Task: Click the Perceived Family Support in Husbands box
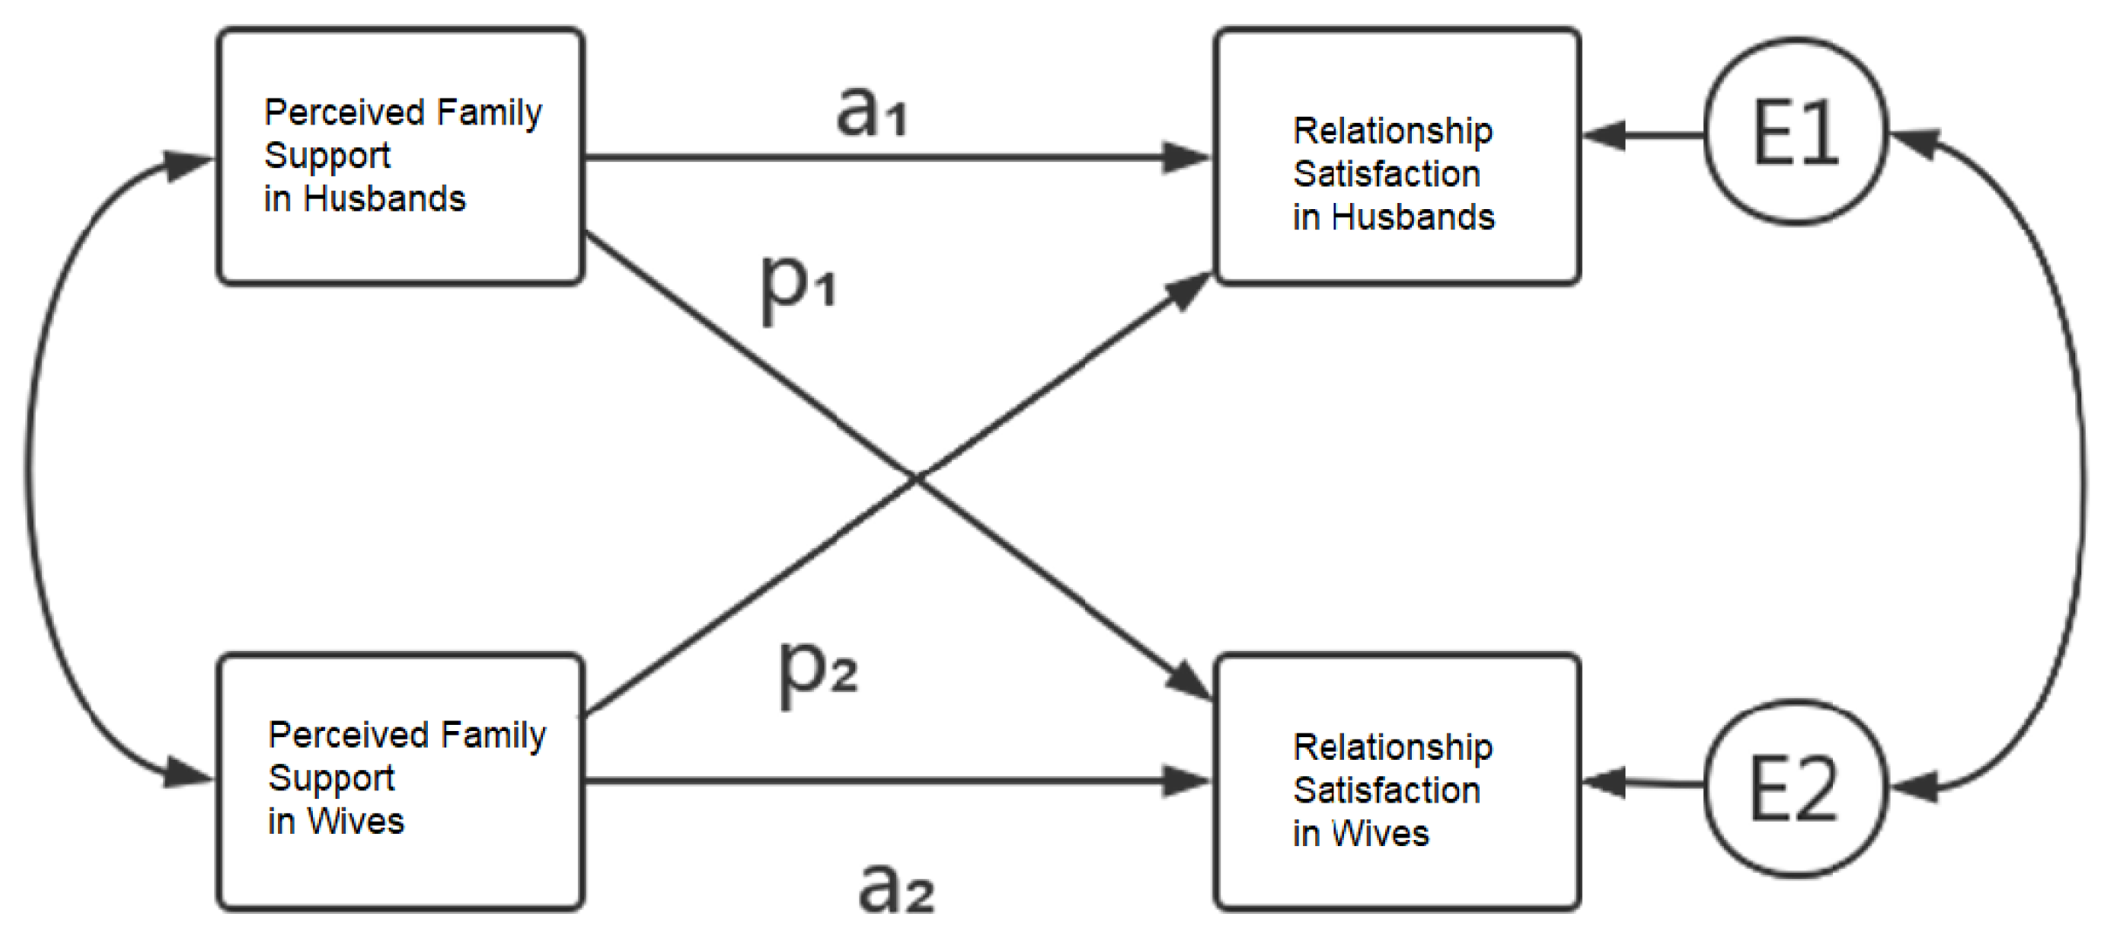point(400,156)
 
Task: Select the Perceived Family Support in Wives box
point(400,782)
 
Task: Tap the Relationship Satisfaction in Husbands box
point(1397,156)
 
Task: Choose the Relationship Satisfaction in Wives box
point(1397,782)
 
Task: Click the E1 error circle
point(1795,132)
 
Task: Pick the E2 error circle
point(1795,788)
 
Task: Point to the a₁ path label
point(872,112)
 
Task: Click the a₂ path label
point(896,889)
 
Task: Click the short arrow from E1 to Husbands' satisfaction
point(1643,135)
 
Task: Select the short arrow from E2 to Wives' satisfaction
point(1643,783)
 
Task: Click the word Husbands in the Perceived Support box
point(384,200)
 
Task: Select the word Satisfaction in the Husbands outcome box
point(1386,174)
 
